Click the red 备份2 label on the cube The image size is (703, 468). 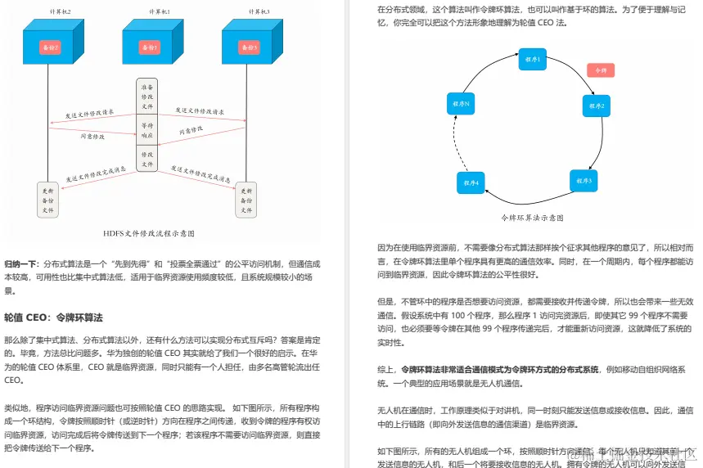click(51, 48)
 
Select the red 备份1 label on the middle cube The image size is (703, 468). click(151, 48)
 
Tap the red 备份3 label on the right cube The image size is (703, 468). click(250, 48)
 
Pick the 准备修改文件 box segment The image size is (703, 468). click(147, 95)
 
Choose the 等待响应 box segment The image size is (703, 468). click(147, 129)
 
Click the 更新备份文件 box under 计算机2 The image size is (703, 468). click(47, 199)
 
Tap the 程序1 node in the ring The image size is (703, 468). click(532, 59)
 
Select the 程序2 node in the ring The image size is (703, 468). click(597, 106)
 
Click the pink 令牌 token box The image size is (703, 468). click(601, 70)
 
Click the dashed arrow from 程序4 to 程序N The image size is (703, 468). click(456, 143)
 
